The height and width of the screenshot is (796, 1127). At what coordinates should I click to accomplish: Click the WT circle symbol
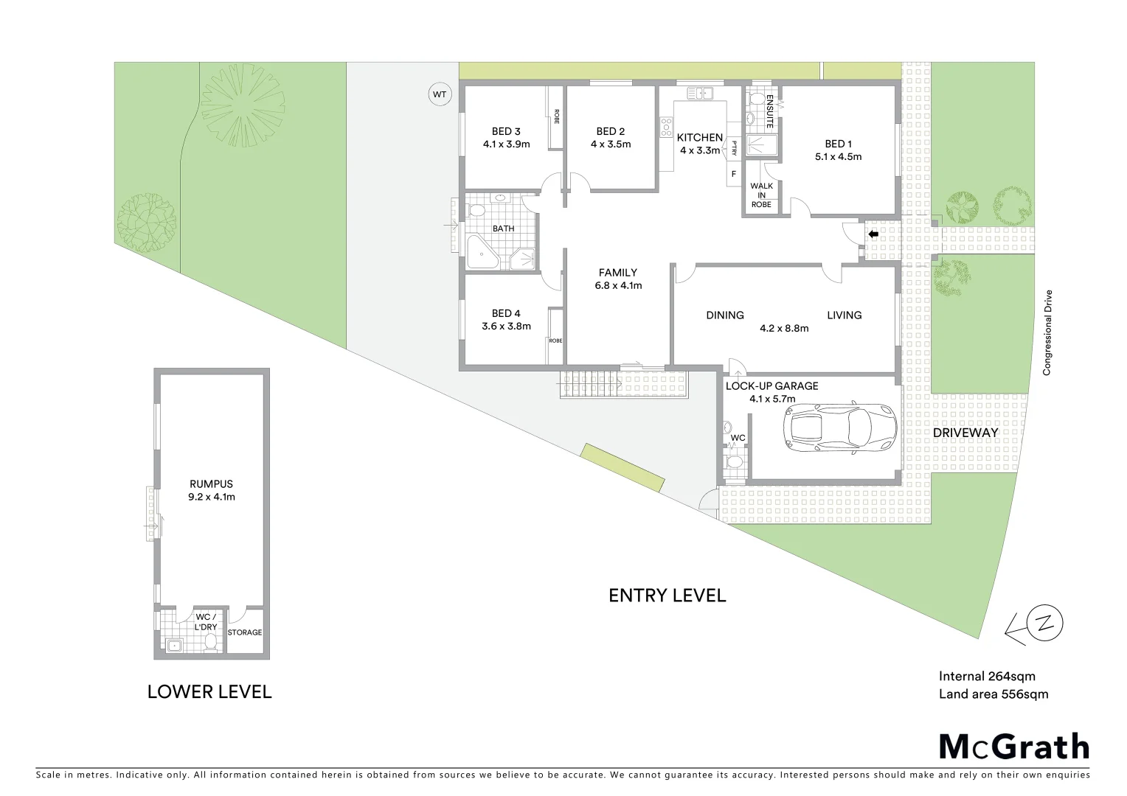[x=440, y=94]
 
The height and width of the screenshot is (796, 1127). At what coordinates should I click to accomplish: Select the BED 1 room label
[x=838, y=144]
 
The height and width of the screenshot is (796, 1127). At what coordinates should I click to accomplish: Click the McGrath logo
[x=1013, y=747]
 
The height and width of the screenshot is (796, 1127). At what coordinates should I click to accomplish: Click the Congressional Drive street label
[x=1047, y=332]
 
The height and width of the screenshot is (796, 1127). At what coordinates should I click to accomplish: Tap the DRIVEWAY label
[x=965, y=433]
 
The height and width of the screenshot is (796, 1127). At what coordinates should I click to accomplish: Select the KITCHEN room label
[x=699, y=137]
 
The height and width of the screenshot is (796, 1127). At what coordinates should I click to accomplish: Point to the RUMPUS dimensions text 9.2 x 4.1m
[x=211, y=497]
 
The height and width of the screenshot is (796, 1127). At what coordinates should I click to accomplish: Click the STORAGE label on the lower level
[x=244, y=632]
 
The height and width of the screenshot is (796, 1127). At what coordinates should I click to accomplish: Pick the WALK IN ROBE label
[x=761, y=195]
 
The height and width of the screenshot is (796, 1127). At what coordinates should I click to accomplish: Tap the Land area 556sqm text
[x=993, y=694]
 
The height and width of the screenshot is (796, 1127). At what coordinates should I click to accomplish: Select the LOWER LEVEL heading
[x=209, y=691]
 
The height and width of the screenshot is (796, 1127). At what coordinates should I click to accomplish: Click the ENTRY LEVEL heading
[x=667, y=596]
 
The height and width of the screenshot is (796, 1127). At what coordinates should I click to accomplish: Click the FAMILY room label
[x=617, y=273]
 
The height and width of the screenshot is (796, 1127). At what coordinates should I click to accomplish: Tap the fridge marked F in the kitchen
[x=733, y=174]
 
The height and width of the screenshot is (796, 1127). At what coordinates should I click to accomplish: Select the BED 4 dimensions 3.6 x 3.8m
[x=506, y=326]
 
